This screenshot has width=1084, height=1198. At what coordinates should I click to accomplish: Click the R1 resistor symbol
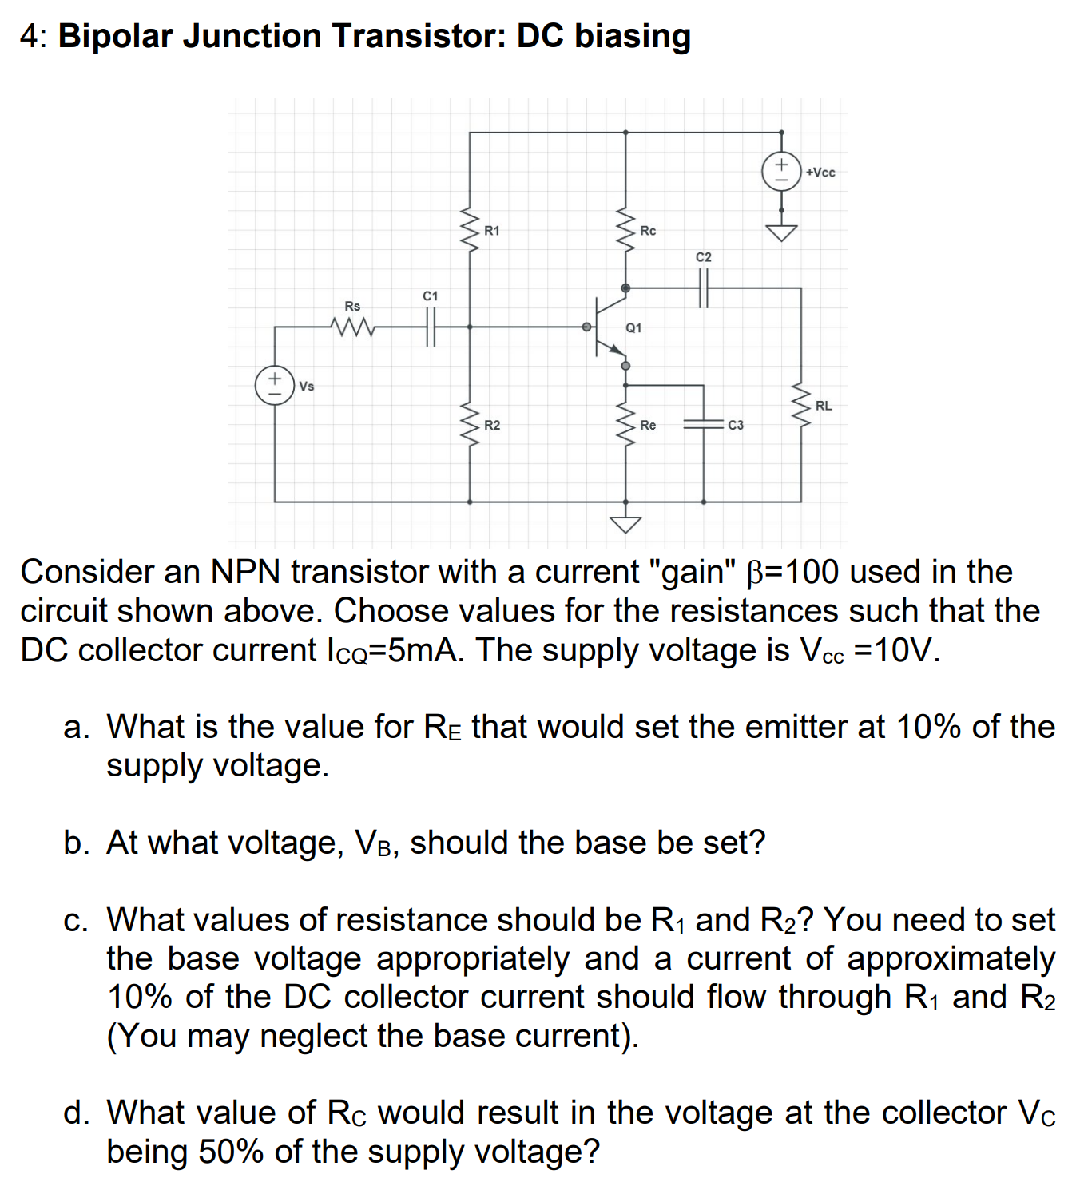click(469, 230)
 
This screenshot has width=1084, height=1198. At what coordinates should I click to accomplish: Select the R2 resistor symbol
click(469, 424)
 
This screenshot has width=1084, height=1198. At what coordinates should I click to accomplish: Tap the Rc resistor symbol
click(625, 230)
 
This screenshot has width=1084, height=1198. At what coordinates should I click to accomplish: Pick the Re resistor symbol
click(625, 424)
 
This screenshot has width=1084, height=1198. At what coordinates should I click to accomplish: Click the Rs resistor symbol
click(351, 327)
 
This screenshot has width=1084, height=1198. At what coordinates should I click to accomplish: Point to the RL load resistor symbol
click(800, 405)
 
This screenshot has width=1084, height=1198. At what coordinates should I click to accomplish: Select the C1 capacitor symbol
click(431, 327)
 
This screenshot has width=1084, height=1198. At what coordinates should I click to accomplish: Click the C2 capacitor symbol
click(703, 288)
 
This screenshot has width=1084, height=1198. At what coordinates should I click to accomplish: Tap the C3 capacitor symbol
click(703, 425)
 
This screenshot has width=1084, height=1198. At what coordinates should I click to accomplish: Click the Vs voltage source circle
click(274, 385)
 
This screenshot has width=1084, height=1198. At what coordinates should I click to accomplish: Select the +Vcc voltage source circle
click(781, 171)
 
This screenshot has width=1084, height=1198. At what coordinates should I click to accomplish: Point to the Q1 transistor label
click(633, 328)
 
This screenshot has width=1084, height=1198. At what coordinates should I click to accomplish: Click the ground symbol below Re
click(625, 523)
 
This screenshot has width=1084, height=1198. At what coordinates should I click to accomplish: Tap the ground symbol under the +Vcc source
click(781, 232)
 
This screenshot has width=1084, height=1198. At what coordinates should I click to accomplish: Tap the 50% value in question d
click(231, 1152)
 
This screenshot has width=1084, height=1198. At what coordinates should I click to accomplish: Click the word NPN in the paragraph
click(245, 572)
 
